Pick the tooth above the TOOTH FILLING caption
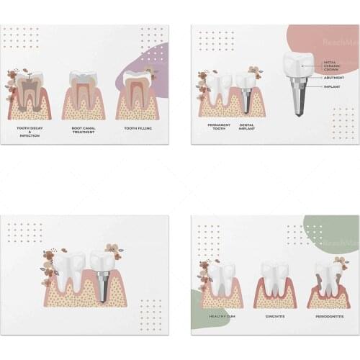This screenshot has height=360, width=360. click(x=136, y=91)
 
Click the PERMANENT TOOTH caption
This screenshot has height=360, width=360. click(x=219, y=127)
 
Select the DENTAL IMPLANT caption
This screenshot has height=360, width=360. click(x=248, y=127)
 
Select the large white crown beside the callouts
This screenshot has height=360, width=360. click(x=298, y=65)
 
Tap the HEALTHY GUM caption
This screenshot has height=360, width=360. click(x=220, y=315)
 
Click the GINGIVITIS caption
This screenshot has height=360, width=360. click(x=274, y=315)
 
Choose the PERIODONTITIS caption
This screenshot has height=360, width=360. click(x=328, y=315)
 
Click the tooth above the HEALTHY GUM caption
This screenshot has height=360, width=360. click(x=220, y=278)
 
